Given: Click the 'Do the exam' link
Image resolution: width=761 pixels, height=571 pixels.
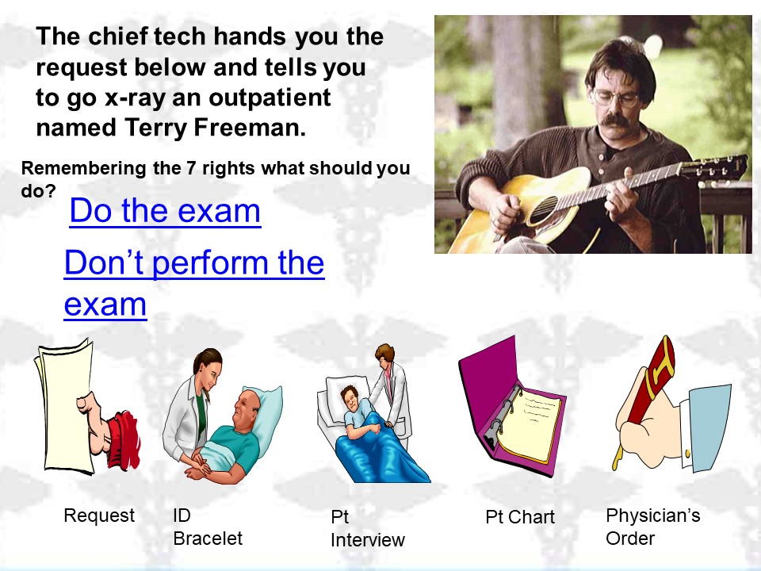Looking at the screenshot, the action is pyautogui.click(x=165, y=211).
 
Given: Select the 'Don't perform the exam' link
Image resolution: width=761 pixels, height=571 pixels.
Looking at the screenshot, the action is pyautogui.click(x=194, y=283).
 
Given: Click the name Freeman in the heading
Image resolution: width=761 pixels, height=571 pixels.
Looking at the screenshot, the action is pyautogui.click(x=250, y=128).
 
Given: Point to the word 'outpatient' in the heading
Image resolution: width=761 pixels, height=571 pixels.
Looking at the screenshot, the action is pyautogui.click(x=270, y=97).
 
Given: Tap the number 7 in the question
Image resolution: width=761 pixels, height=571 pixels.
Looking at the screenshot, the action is pyautogui.click(x=191, y=168).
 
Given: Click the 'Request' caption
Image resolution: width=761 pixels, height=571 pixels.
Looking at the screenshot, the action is pyautogui.click(x=99, y=515).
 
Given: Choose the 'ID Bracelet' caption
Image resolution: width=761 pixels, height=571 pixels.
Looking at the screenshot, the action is pyautogui.click(x=208, y=527).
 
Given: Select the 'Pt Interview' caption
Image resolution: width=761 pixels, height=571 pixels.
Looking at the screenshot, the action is pyautogui.click(x=367, y=528).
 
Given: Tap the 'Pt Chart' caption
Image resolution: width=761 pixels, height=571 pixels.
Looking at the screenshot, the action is pyautogui.click(x=520, y=517).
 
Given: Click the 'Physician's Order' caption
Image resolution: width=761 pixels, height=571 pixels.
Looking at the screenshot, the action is pyautogui.click(x=652, y=527).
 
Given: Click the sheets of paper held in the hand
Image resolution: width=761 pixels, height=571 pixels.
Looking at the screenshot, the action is pyautogui.click(x=63, y=408).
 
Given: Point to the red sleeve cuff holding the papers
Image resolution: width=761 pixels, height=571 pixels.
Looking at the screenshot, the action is pyautogui.click(x=123, y=439).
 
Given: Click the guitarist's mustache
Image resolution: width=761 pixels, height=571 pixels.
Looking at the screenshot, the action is pyautogui.click(x=615, y=120).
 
